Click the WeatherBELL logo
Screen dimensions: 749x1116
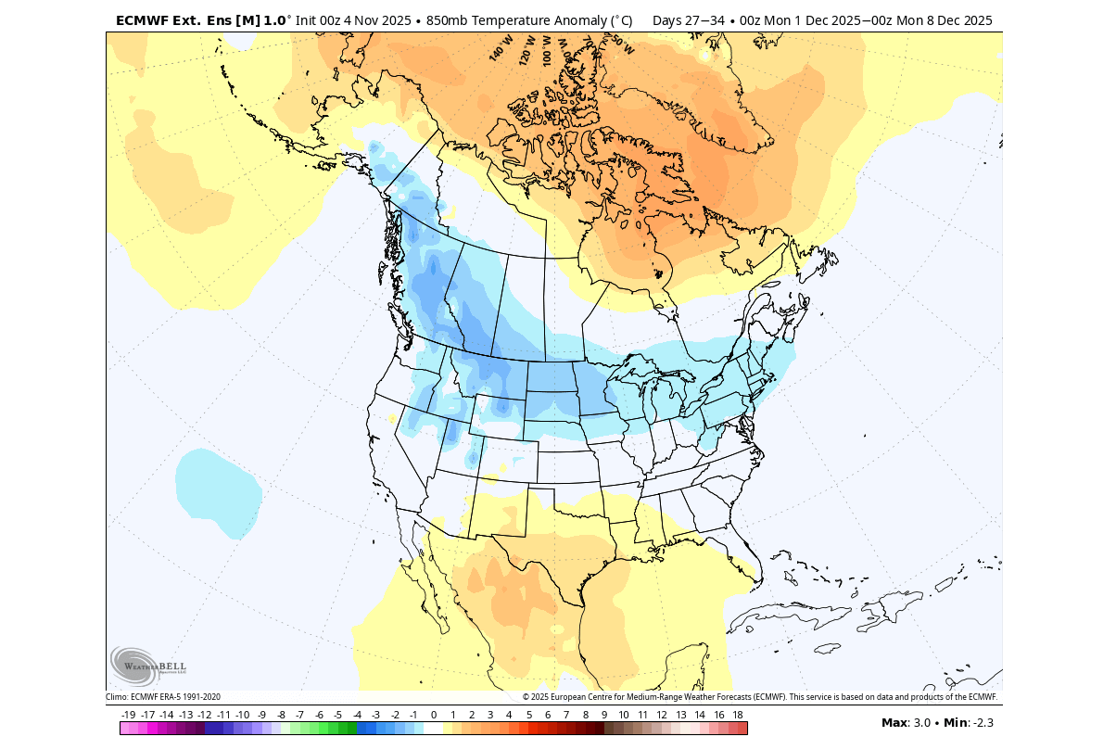click(x=148, y=666)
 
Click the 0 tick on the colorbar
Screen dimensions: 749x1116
click(x=433, y=715)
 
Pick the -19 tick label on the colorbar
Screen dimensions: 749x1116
click(x=129, y=715)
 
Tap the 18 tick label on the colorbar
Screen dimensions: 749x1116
click(x=738, y=715)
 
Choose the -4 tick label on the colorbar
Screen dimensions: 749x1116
click(x=357, y=715)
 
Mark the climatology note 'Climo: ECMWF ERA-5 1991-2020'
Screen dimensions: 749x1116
click(x=163, y=697)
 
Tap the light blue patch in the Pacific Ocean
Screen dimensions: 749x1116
click(x=218, y=491)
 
